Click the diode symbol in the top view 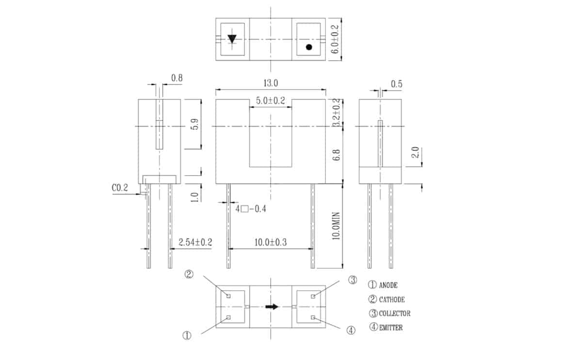point(232,39)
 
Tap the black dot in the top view point(309,47)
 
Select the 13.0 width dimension point(271,83)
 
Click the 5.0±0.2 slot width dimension point(271,100)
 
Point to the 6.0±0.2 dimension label point(335,39)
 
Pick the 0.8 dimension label point(177,78)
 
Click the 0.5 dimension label point(397,84)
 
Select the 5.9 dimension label point(194,124)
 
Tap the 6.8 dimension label point(336,155)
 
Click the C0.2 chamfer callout point(120,188)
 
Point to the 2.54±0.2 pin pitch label point(195,242)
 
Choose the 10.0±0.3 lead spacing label point(271,243)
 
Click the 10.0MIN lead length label point(336,226)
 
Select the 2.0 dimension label point(416,152)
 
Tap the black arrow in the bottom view point(272,307)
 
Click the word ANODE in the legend point(388,285)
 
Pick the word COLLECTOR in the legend point(395,313)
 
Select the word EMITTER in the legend point(391,327)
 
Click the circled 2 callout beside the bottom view point(189,274)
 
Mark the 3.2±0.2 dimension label point(336,112)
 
